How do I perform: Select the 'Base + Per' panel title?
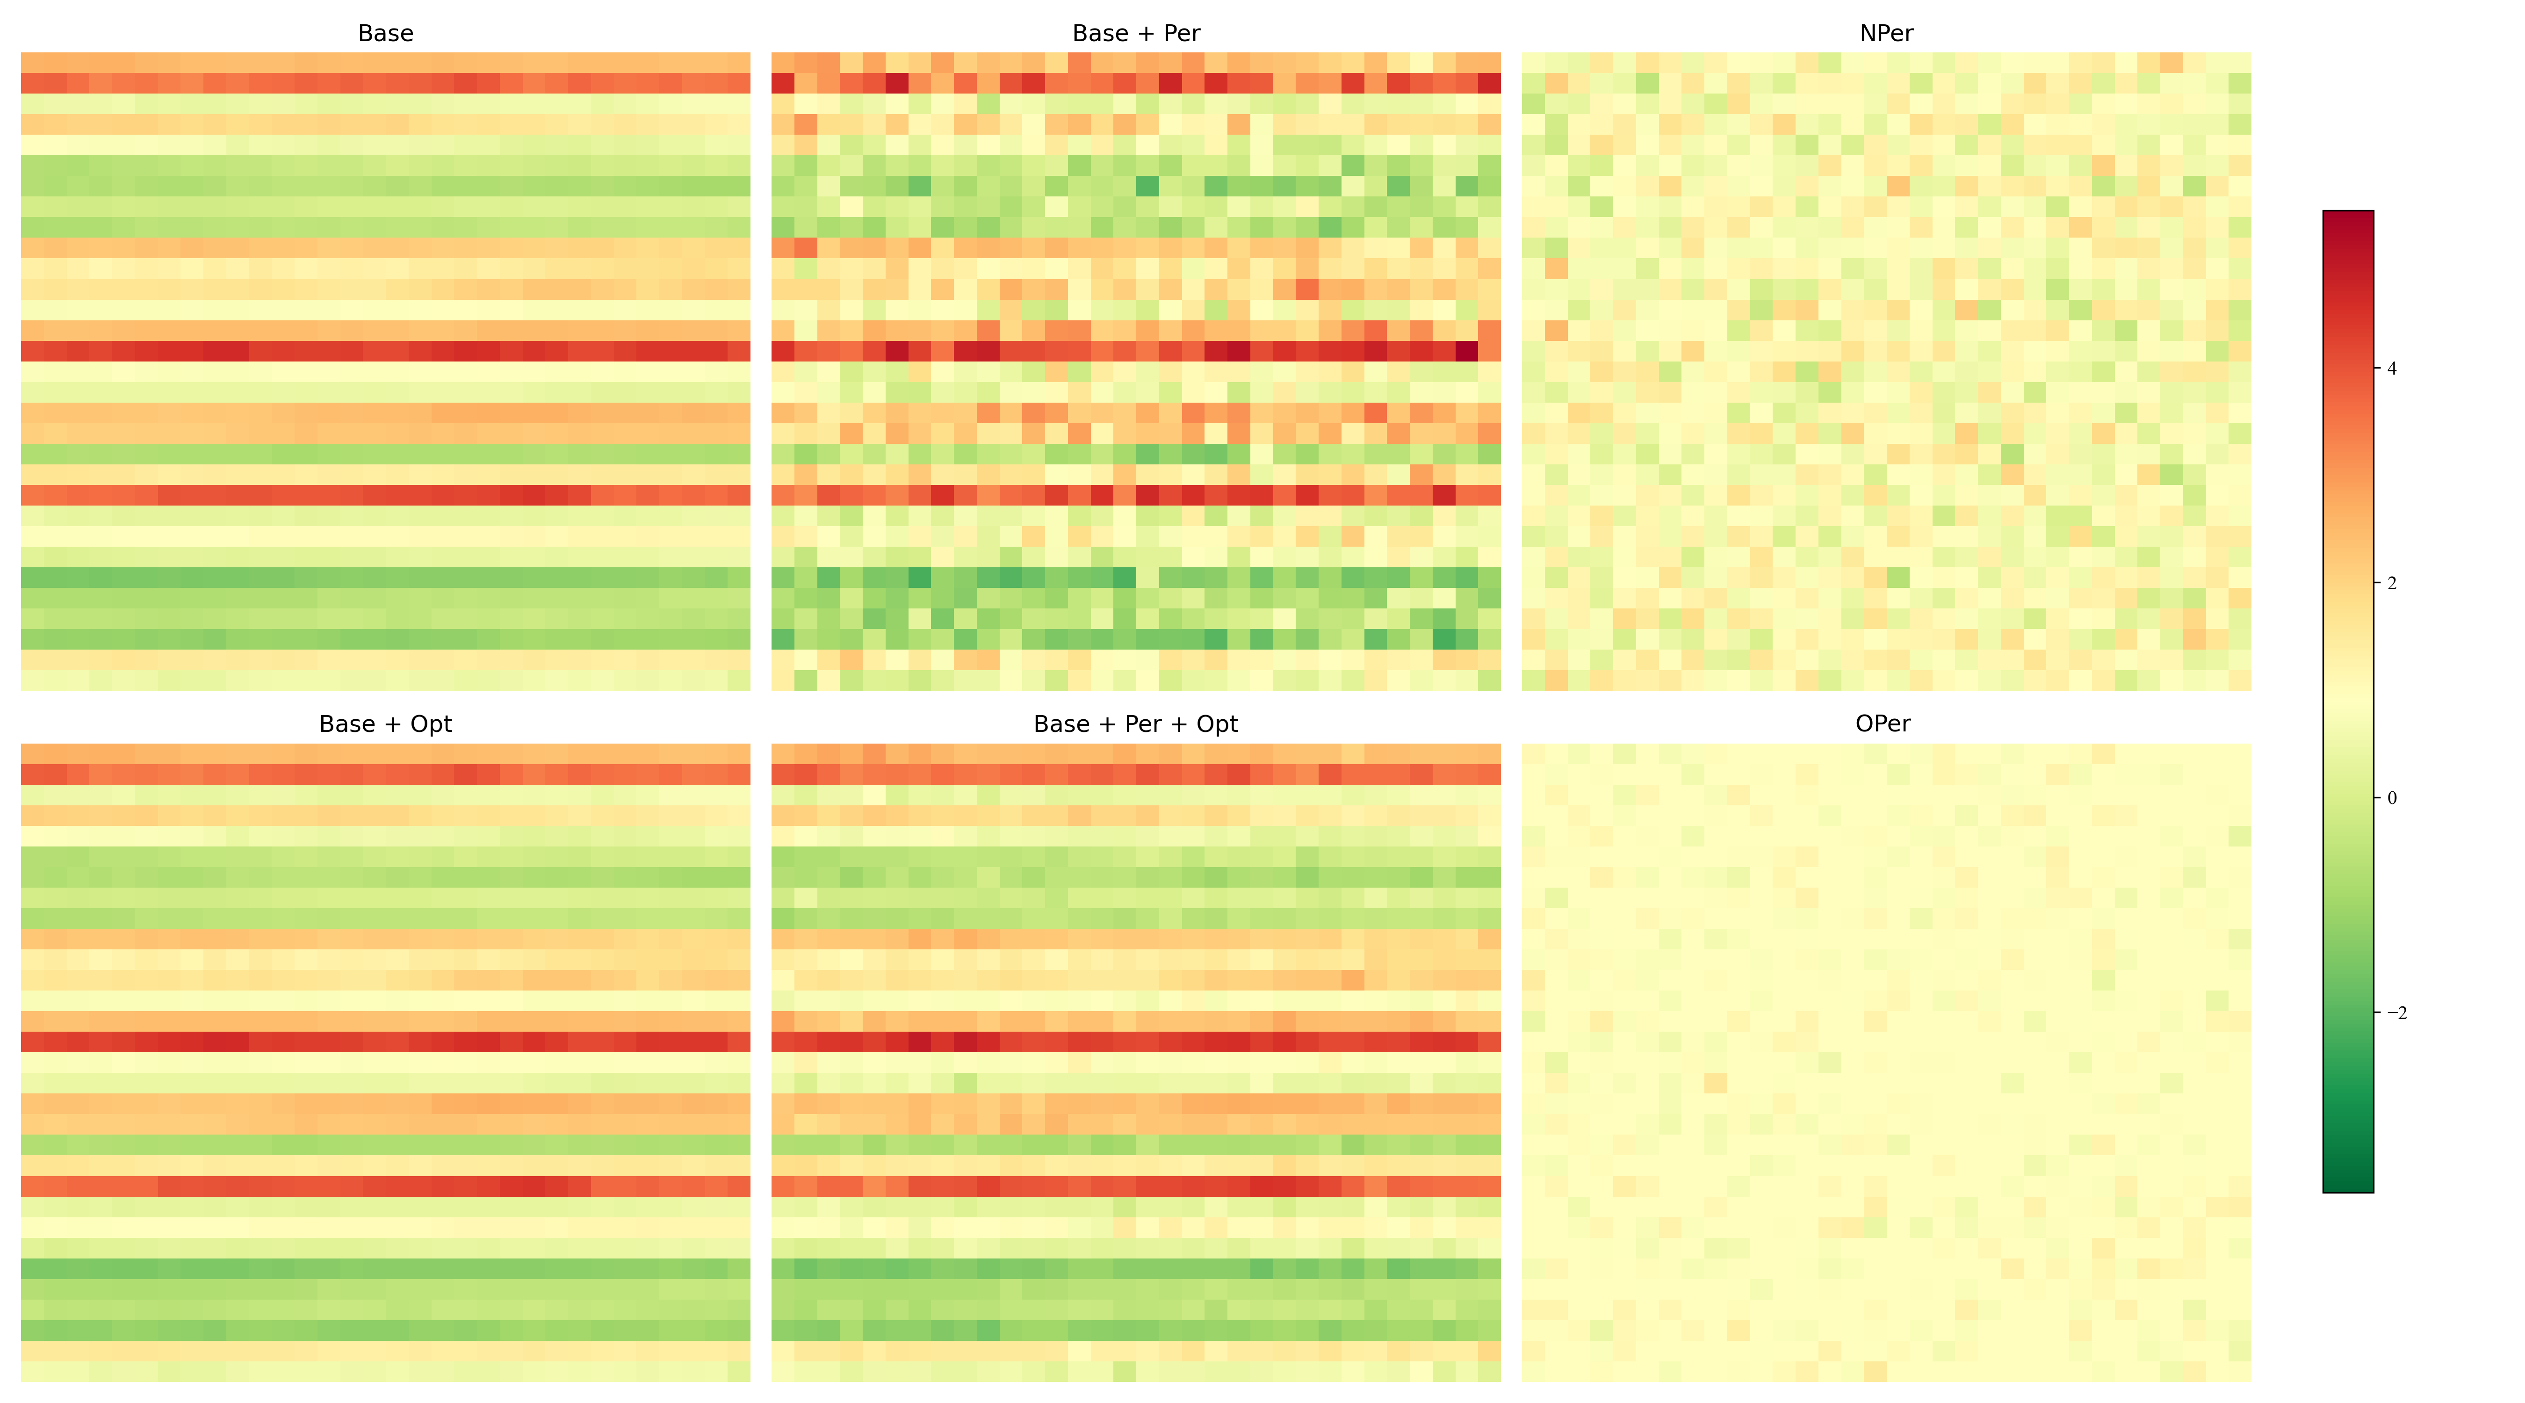point(1136,33)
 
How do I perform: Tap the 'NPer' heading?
point(1886,33)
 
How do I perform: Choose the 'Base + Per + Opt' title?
point(1136,723)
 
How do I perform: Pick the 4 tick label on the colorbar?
point(2392,369)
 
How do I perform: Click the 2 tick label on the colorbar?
point(2392,583)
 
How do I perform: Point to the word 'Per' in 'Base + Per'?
point(1181,33)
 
